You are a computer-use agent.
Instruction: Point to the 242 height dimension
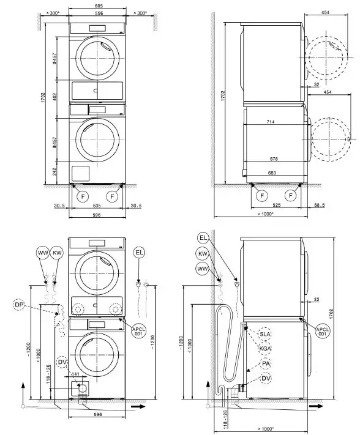click(56, 172)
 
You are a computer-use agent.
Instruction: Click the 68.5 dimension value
click(320, 206)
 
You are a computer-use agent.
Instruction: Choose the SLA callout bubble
click(265, 334)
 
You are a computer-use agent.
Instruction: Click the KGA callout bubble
click(265, 348)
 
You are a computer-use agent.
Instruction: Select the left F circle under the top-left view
click(81, 196)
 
